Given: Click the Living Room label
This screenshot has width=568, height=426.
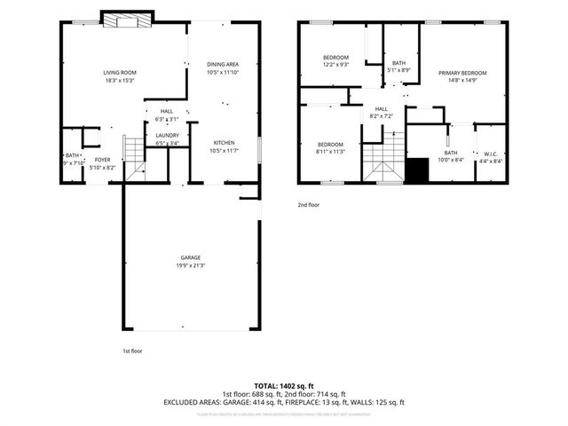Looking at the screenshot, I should coord(120,72).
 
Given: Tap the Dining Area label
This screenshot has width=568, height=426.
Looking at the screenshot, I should coord(223,65).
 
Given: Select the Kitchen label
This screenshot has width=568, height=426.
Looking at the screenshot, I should coord(223,143).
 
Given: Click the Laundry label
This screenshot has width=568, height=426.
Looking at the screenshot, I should coord(167,135).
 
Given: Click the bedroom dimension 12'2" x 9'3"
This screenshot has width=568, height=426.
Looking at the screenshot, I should coord(335,65).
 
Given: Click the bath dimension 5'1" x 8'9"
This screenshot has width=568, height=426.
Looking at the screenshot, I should coord(399,70).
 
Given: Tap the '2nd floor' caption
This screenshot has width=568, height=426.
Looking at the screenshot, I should coord(308,204).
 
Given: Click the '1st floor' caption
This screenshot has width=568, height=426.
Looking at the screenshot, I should coord(132,351).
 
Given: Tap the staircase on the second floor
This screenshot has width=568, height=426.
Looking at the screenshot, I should coord(387,160).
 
